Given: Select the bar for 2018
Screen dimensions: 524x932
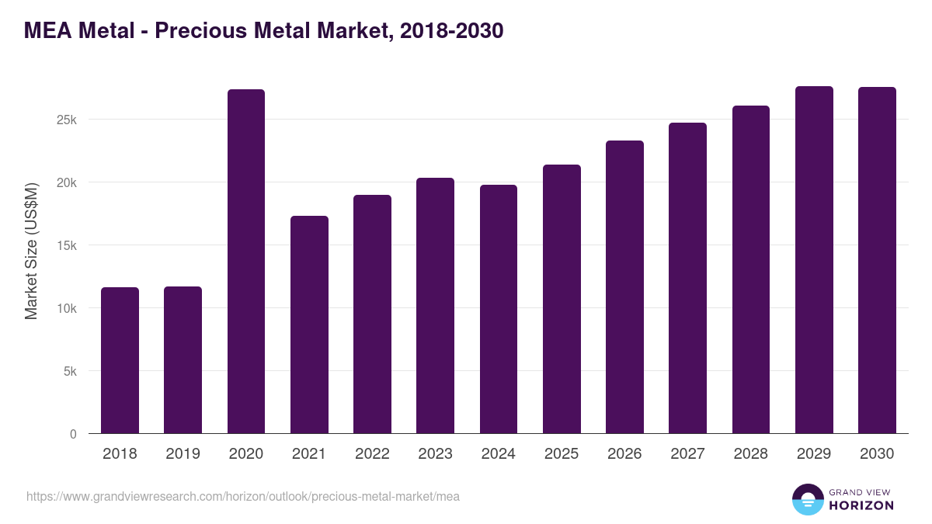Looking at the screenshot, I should [x=120, y=360].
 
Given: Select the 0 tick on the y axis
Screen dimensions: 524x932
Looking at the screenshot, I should [x=73, y=435].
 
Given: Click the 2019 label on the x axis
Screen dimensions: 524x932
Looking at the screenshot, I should [x=183, y=454].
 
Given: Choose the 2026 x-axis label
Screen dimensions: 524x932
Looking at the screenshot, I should [x=624, y=454].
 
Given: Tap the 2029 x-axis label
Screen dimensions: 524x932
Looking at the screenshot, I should [x=814, y=454].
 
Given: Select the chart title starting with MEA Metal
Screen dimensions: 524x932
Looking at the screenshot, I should [x=264, y=30].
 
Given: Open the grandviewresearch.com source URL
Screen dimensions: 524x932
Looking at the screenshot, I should [x=243, y=496].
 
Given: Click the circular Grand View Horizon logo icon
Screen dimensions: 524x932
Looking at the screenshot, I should [x=808, y=499].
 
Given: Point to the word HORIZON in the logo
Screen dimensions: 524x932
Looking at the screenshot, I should [x=861, y=505].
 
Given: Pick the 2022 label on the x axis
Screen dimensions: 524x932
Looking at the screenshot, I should [x=372, y=454].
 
